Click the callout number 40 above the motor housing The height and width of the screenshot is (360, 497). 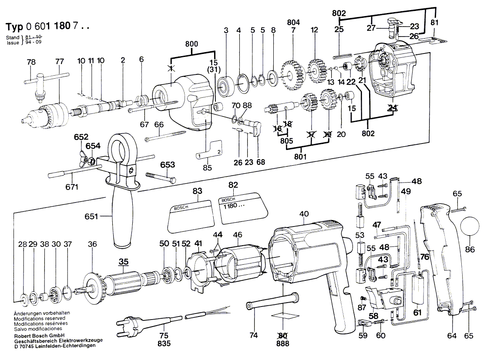304,213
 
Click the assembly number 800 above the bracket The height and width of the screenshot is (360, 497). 192,43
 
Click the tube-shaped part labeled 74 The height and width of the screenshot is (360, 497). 272,303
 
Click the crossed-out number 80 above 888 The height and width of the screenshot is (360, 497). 283,335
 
